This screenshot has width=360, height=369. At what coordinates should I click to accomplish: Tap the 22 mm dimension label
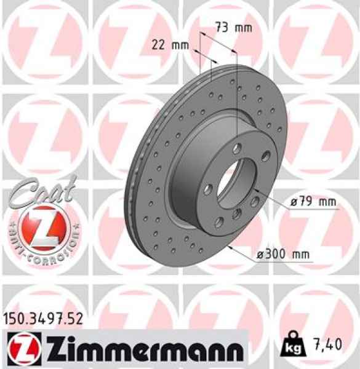coord(169,44)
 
